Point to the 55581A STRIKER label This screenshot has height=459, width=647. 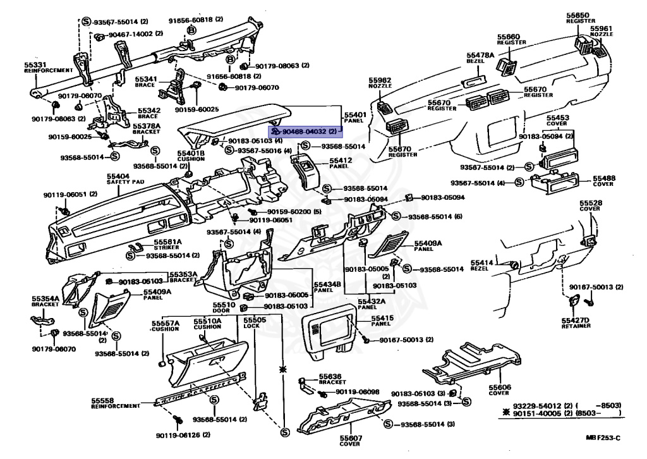pos(167,244)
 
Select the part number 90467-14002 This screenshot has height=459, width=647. pos(131,34)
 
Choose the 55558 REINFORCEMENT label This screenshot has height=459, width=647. pos(114,403)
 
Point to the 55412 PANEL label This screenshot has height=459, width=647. pos(341,163)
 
